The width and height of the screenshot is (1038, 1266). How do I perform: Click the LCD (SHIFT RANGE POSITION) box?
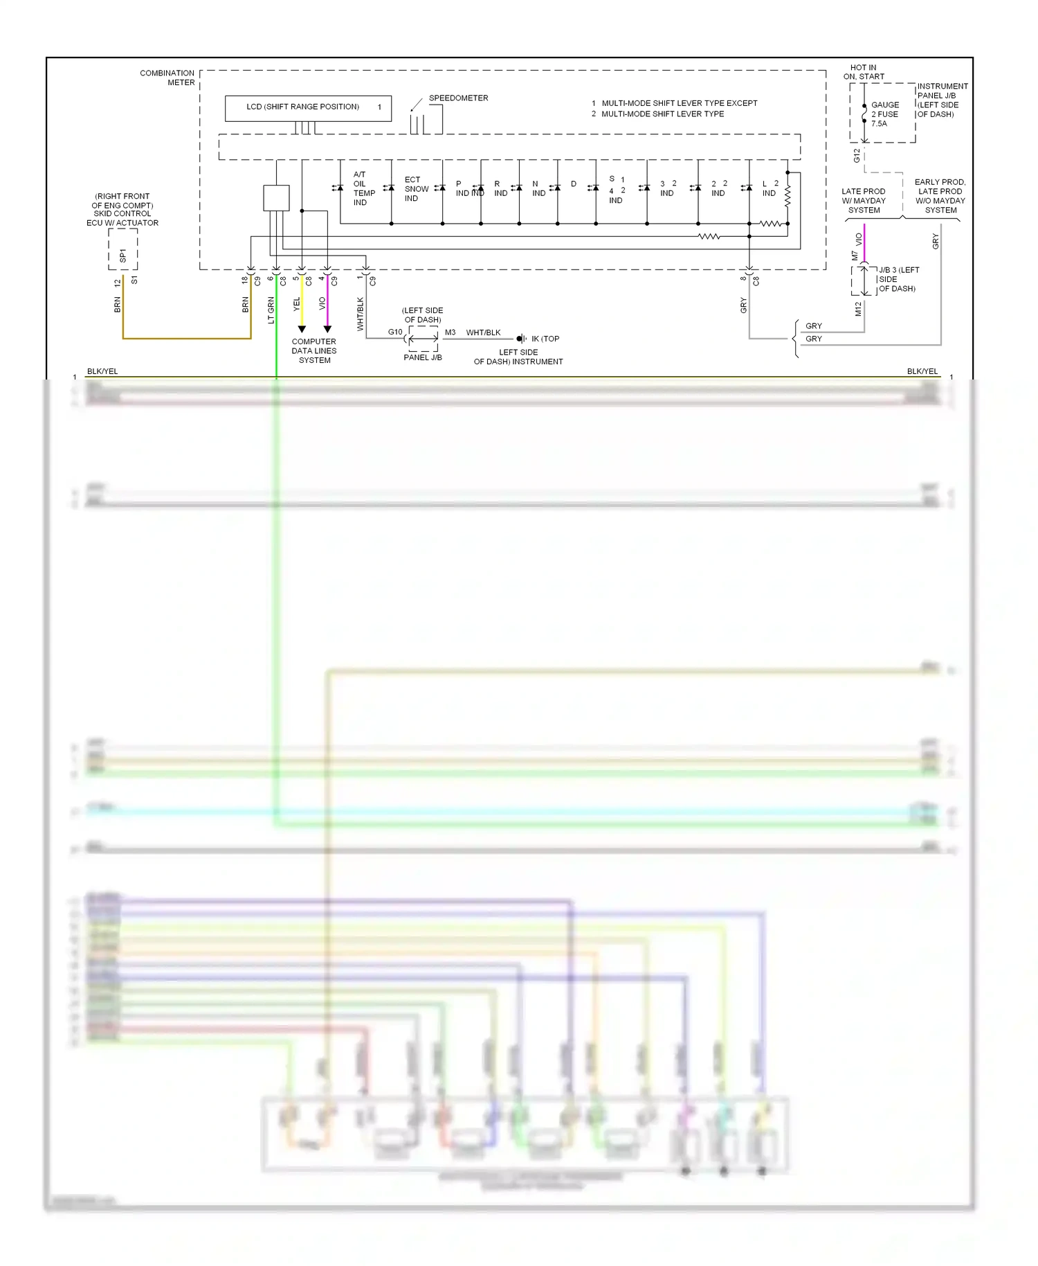point(308,108)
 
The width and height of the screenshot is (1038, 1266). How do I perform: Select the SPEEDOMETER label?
point(458,98)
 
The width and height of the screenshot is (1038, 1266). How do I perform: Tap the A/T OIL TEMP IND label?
point(363,188)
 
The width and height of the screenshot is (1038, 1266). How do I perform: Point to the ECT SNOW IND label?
point(415,189)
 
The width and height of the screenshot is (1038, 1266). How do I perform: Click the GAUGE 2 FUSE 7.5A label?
point(884,114)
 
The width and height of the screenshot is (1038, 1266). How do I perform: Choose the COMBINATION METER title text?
point(167,78)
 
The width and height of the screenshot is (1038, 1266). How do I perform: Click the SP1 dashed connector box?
point(123,249)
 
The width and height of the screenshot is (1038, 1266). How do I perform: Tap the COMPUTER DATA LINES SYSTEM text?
point(314,351)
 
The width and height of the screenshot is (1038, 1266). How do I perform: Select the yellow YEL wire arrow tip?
point(302,330)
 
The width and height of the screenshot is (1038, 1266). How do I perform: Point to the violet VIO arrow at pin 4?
point(327,330)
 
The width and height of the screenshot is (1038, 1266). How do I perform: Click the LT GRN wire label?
point(271,310)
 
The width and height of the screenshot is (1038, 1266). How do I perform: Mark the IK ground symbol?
point(520,339)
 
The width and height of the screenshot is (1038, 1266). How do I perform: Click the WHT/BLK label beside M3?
point(483,333)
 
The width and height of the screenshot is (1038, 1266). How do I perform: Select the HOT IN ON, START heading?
point(863,72)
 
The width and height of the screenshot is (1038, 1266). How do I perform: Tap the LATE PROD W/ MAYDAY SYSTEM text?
point(864,201)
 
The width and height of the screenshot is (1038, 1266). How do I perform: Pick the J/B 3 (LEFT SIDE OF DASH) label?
point(898,279)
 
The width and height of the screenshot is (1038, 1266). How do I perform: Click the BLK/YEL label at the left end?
point(102,371)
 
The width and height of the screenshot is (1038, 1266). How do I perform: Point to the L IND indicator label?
point(769,188)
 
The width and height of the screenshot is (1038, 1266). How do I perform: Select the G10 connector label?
point(395,332)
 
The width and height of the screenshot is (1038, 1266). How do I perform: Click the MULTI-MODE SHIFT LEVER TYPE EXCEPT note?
point(679,103)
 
